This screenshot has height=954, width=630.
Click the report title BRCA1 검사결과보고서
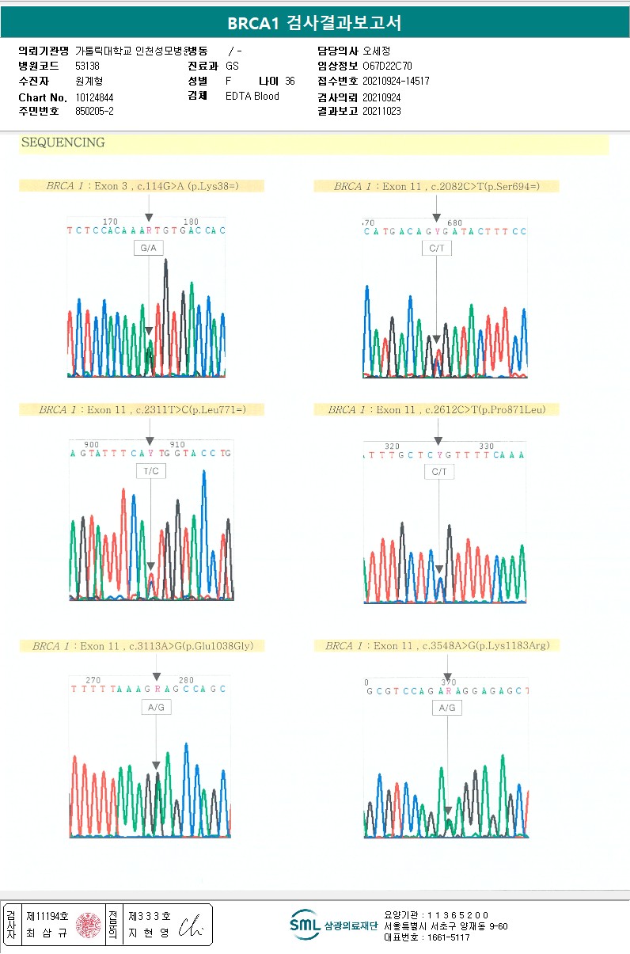point(314,23)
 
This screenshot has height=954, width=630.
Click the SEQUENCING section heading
point(63,143)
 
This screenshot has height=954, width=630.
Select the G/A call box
point(148,249)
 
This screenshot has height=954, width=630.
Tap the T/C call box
point(150,471)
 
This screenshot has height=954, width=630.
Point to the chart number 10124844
point(95,97)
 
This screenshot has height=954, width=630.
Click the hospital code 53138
point(87,67)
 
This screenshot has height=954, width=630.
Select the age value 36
point(290,82)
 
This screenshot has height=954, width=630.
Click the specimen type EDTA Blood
point(252,97)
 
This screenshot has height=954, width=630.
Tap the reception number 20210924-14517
point(396,82)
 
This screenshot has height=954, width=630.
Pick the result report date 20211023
point(381,112)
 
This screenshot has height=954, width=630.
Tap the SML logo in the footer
point(304,923)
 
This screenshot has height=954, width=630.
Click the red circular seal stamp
point(89,924)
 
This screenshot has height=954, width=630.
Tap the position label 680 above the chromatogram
point(454,222)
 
